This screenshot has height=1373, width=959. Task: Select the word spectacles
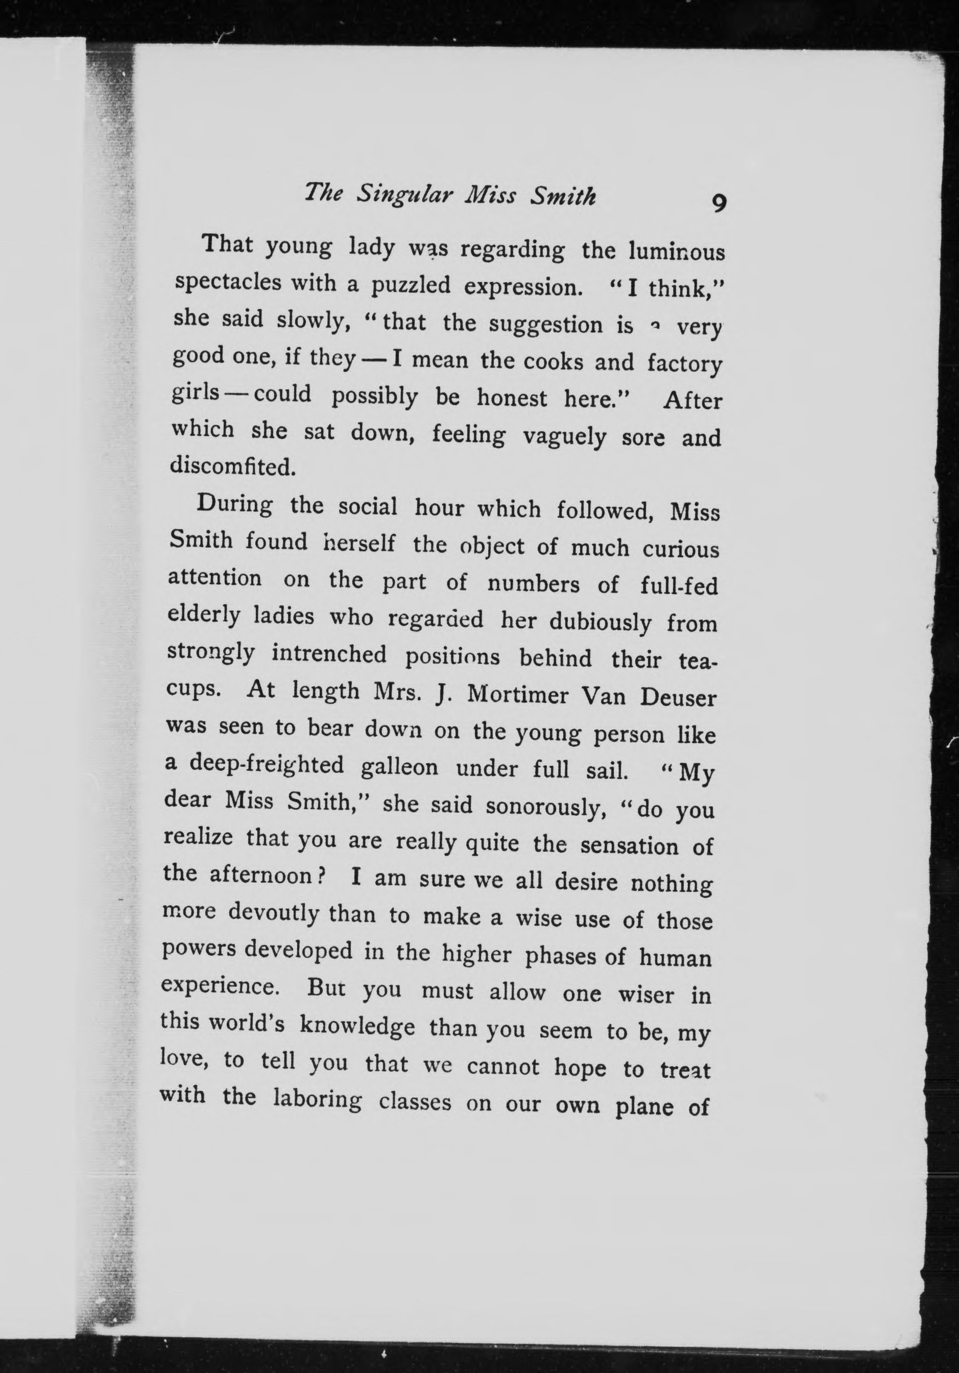[227, 281]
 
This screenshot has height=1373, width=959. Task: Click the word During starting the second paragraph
[234, 504]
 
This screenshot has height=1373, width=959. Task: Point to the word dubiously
[600, 623]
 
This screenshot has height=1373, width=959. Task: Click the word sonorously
[546, 807]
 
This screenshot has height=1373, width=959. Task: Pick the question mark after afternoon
[321, 877]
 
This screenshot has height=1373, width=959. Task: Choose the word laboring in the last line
[317, 1100]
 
